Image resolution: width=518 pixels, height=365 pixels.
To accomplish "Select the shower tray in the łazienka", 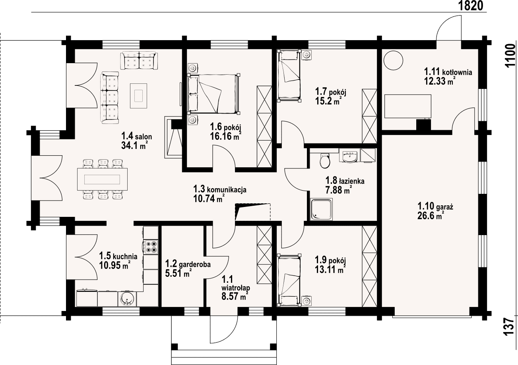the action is pos(322,209).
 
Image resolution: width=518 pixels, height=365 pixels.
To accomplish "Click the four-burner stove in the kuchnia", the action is pos(151,247).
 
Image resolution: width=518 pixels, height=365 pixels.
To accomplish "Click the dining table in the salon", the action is pos(102,179).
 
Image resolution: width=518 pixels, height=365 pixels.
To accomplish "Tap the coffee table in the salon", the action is pos(138,96).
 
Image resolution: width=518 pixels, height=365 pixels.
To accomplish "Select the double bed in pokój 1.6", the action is pos(213,94).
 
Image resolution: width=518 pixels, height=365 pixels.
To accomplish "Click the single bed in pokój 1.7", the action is pos(289,76).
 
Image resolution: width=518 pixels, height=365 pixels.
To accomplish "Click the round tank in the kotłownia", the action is pos(393,60).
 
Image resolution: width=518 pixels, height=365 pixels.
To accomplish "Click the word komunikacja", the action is pos(226,190).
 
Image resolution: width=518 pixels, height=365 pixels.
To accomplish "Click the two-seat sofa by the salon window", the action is pos(139,60).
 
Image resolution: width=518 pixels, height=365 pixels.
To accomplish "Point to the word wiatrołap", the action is pos(236,288).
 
